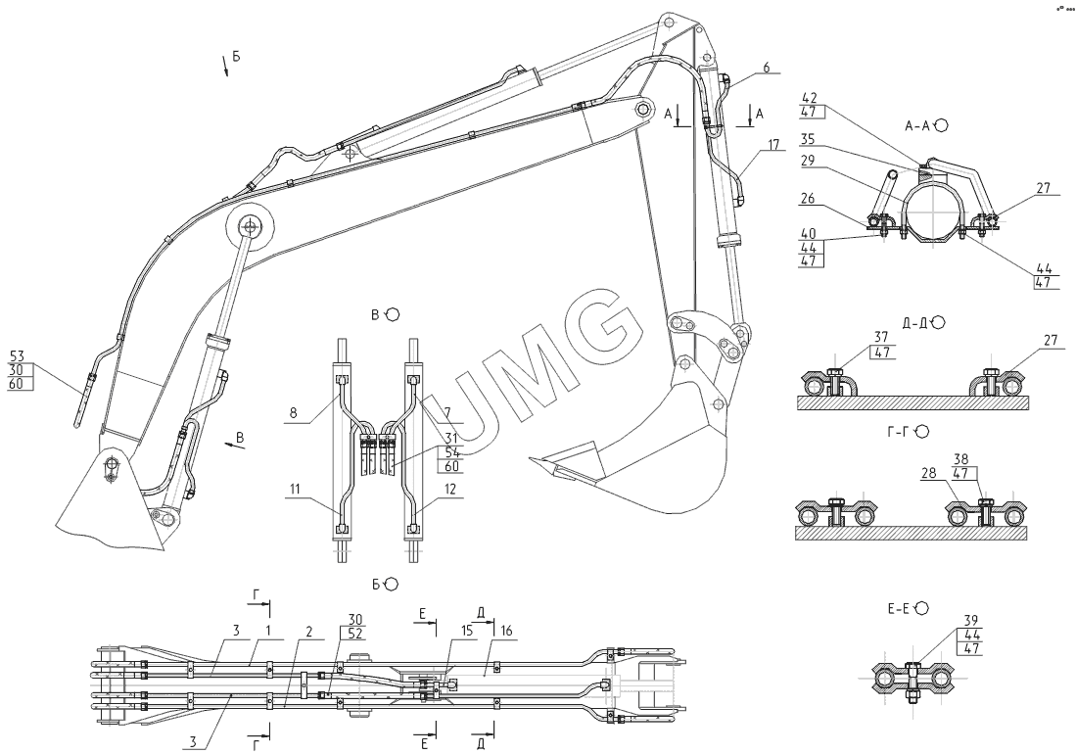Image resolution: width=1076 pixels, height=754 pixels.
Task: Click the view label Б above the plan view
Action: click(x=376, y=584)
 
